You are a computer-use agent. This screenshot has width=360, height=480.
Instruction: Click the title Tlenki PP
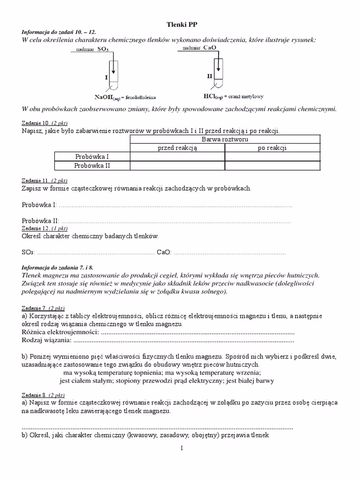click(180, 23)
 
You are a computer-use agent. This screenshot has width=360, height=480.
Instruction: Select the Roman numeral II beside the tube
click(210, 75)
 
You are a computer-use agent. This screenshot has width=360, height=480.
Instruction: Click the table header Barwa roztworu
click(225, 140)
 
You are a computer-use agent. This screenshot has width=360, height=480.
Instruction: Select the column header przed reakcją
click(177, 148)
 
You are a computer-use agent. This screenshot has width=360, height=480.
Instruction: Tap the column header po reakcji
click(272, 148)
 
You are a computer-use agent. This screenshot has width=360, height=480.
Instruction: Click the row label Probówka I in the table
click(92, 157)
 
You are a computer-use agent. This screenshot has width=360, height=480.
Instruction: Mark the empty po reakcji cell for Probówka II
click(272, 165)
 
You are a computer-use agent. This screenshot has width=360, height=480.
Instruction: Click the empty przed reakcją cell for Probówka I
click(177, 157)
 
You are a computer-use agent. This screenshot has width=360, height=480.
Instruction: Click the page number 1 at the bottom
click(181, 449)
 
